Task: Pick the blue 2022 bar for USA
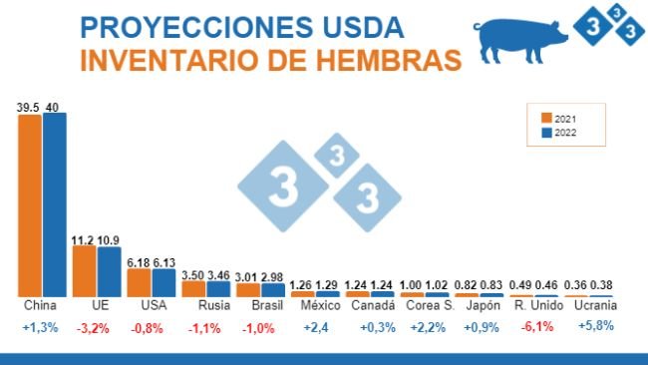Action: point(162,282)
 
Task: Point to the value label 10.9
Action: point(109,240)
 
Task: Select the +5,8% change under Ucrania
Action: point(588,326)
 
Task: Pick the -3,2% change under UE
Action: point(96,326)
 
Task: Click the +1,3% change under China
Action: point(41,326)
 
